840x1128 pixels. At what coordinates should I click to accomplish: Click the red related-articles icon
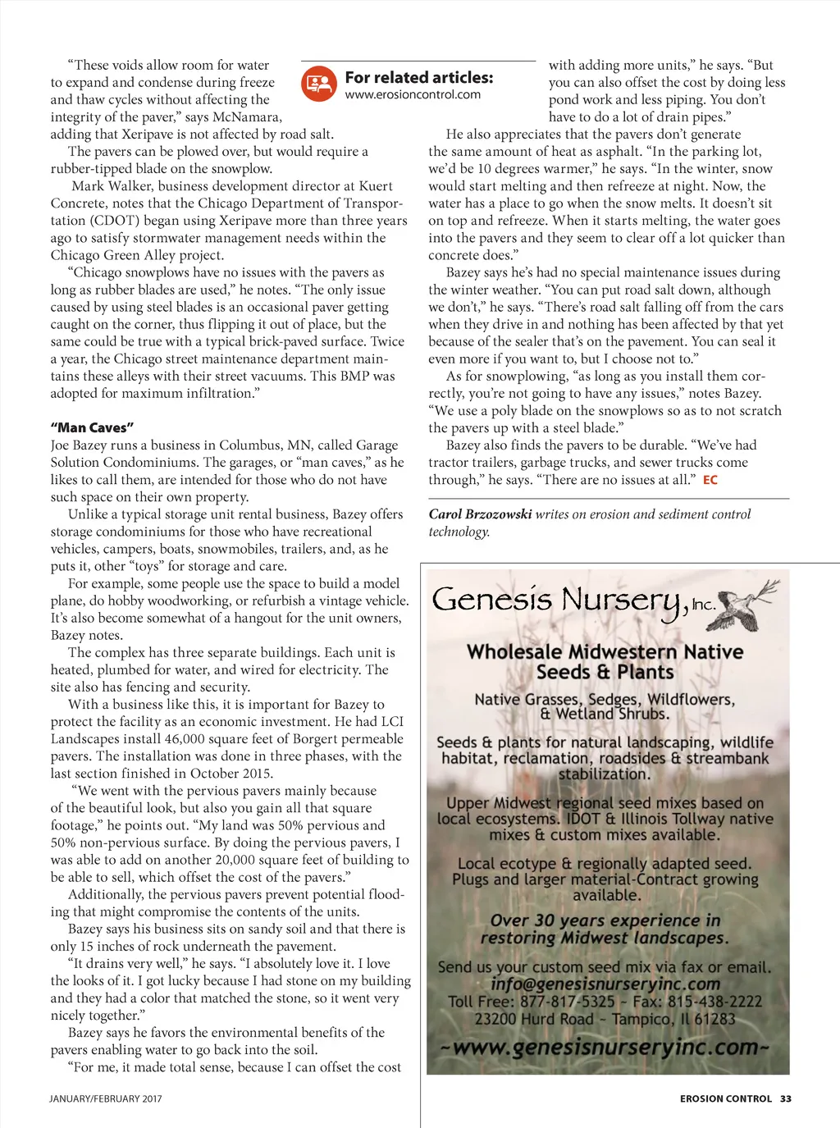pyautogui.click(x=319, y=84)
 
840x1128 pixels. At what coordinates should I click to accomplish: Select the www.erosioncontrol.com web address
pyautogui.click(x=413, y=95)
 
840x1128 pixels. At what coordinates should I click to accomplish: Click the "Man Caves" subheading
pyautogui.click(x=92, y=428)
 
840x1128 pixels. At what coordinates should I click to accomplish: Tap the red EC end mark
pyautogui.click(x=710, y=480)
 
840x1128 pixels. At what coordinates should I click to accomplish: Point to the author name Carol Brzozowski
pyautogui.click(x=480, y=514)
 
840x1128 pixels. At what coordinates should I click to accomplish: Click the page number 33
pyautogui.click(x=786, y=1098)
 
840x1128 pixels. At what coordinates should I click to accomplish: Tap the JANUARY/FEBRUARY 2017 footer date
pyautogui.click(x=106, y=1098)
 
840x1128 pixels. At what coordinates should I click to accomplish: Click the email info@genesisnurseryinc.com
pyautogui.click(x=605, y=984)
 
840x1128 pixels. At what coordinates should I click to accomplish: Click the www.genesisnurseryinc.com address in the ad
pyautogui.click(x=605, y=1048)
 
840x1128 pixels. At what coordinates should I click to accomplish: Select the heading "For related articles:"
pyautogui.click(x=419, y=78)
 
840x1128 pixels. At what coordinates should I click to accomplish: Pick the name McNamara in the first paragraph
pyautogui.click(x=246, y=117)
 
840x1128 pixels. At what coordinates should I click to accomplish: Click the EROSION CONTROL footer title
pyautogui.click(x=726, y=1098)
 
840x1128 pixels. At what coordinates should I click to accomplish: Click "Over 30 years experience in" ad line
pyautogui.click(x=605, y=920)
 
